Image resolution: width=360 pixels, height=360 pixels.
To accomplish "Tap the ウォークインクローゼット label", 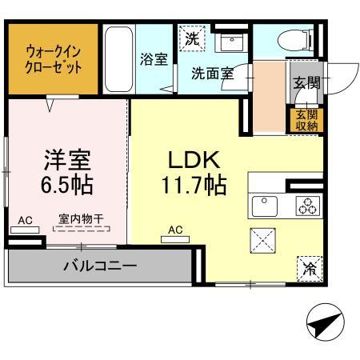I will pyautogui.click(x=54, y=59).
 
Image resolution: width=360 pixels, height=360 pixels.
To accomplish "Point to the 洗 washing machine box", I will pyautogui.click(x=191, y=38).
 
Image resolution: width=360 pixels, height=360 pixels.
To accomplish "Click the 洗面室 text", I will pyautogui.click(x=211, y=73).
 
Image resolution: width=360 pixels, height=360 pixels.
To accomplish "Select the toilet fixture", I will pyautogui.click(x=289, y=40).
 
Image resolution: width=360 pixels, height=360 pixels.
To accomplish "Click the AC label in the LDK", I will pyautogui.click(x=175, y=230).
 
